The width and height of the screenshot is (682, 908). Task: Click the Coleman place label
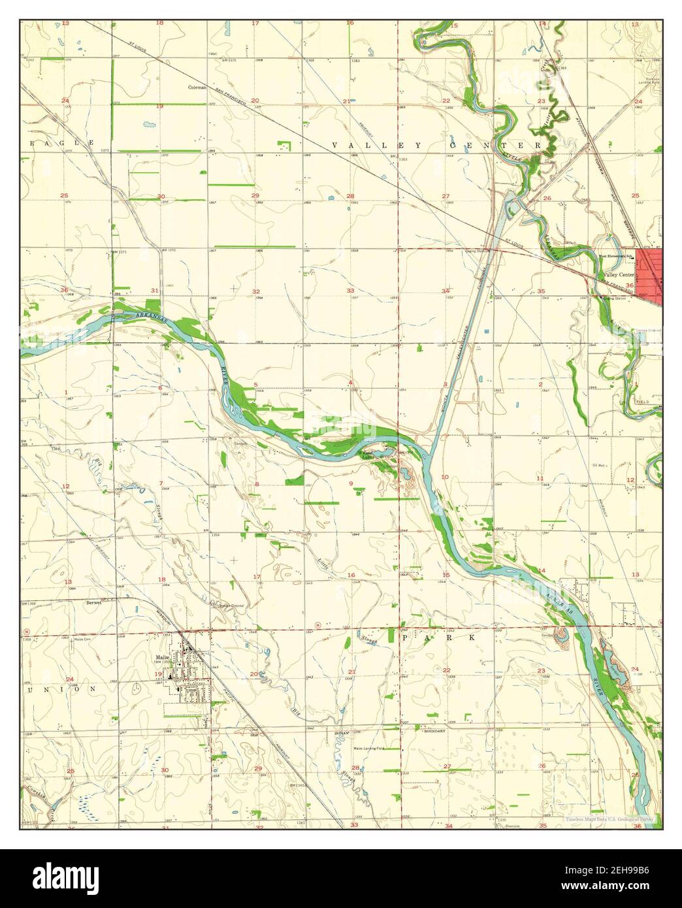pyautogui.click(x=197, y=87)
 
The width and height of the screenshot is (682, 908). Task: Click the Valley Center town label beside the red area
pyautogui.click(x=619, y=275)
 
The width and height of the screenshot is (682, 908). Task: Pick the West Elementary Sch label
pyautogui.click(x=617, y=256)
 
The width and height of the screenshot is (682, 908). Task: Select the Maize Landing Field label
pyautogui.click(x=368, y=748)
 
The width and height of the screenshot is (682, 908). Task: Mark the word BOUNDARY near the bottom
pyautogui.click(x=434, y=731)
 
